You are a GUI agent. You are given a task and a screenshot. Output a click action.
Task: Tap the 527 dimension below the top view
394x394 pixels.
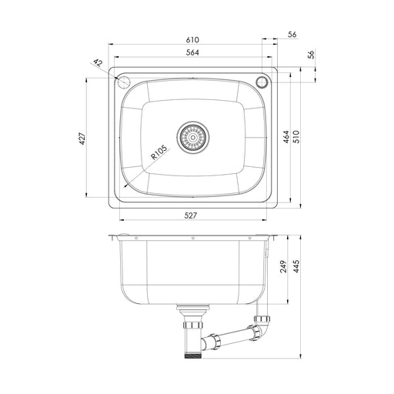191,216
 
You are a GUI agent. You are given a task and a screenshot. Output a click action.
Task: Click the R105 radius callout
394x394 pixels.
159,152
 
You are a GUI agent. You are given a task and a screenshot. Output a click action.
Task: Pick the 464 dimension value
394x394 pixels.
286,138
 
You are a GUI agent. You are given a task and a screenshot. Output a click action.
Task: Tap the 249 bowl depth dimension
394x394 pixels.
284,266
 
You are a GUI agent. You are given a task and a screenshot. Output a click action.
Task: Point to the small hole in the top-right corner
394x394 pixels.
261,81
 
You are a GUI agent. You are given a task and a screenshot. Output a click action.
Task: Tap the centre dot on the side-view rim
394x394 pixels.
192,237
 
